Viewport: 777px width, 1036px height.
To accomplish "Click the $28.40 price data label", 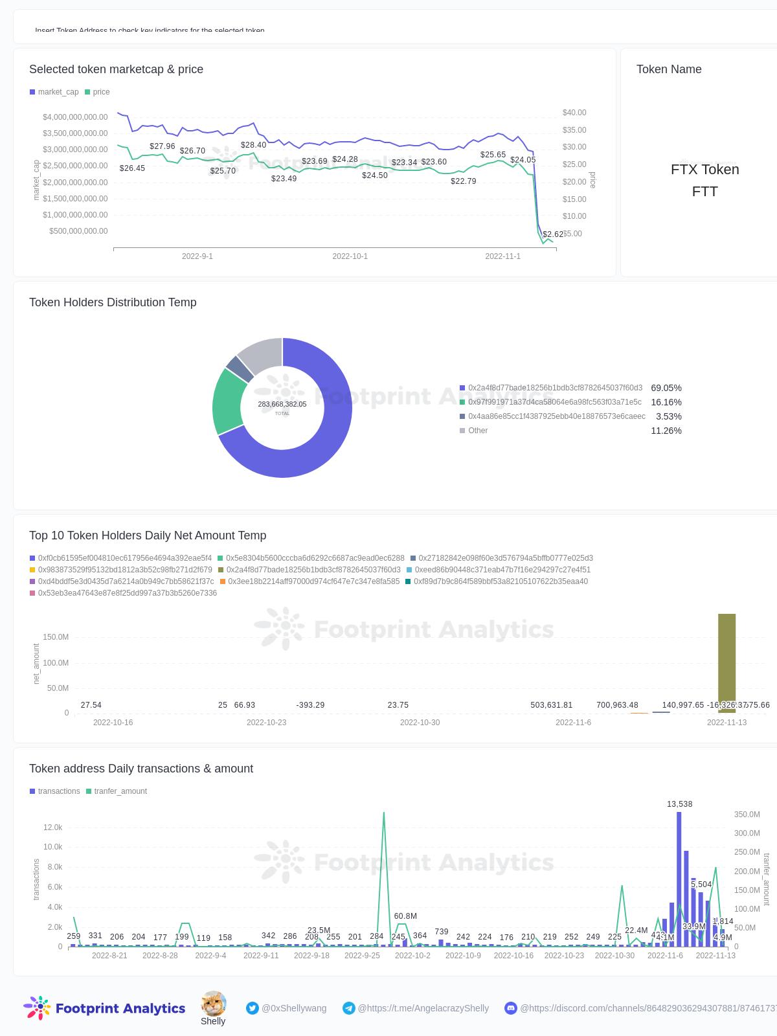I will [x=253, y=145].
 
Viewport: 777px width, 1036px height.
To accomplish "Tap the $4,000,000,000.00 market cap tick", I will [x=75, y=117].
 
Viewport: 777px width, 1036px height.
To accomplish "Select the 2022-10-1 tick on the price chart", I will [x=350, y=256].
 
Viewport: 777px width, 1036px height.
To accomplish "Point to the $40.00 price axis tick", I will [x=574, y=113].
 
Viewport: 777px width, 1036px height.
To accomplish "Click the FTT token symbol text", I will [x=704, y=192].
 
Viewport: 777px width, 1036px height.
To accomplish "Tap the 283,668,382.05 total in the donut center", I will [x=282, y=404].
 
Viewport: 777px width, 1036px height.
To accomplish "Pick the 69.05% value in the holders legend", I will [x=666, y=388].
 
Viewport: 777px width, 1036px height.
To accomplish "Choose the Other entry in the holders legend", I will [x=478, y=431].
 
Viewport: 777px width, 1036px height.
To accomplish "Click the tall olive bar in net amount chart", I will [x=726, y=660].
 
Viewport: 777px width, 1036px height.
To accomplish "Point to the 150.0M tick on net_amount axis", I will [x=56, y=637].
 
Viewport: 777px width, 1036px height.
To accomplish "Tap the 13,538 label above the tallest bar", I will [x=679, y=804].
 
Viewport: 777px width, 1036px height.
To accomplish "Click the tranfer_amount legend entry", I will [x=120, y=791].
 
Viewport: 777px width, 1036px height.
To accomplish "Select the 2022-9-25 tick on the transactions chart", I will [x=362, y=956].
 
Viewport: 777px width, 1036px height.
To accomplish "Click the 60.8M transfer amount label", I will [x=405, y=916].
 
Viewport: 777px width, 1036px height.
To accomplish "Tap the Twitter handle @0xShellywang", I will [x=293, y=1008].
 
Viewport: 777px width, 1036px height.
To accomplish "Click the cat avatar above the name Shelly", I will [x=213, y=1003].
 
